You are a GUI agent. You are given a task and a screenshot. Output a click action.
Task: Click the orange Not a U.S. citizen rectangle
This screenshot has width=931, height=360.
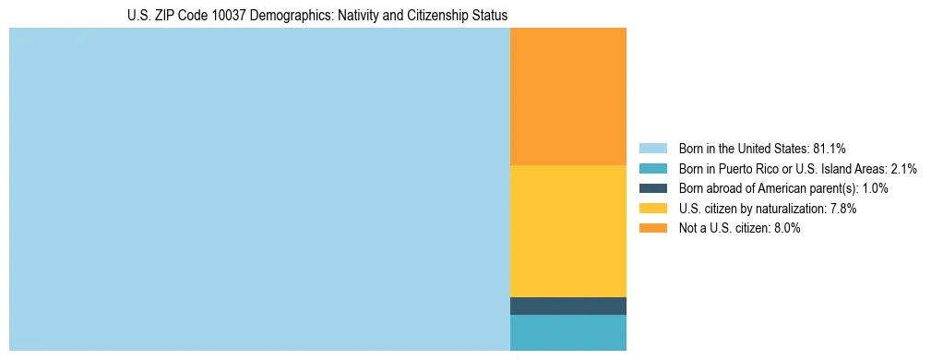567,96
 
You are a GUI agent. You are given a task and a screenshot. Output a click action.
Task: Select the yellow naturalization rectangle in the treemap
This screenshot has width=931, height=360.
567,231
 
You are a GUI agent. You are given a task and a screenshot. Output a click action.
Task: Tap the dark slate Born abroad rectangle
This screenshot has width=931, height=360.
567,306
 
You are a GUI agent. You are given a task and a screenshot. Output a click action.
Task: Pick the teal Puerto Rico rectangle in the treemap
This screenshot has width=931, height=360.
567,332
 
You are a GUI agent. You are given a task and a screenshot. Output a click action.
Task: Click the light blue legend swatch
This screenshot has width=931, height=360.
652,148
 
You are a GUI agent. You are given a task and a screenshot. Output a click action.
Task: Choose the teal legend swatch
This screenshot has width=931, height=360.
652,168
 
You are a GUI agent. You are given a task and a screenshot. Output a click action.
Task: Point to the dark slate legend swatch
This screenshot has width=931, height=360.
652,188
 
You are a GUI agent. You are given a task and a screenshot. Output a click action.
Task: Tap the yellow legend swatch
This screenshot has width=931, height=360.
652,209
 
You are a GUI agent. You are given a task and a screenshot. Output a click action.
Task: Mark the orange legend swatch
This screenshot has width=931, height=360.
652,228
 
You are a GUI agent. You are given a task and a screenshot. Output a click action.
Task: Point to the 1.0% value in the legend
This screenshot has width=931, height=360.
875,188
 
